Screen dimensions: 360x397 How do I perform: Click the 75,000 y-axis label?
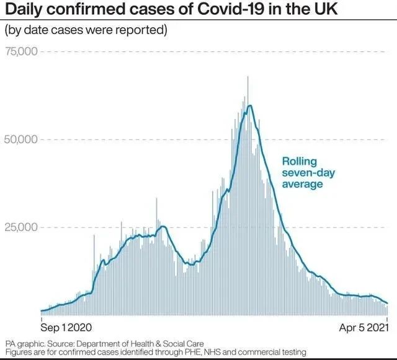(21, 51)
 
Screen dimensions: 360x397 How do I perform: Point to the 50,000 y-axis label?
(21, 139)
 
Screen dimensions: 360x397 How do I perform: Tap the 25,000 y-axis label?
(21, 227)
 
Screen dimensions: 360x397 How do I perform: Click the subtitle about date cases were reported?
(86, 30)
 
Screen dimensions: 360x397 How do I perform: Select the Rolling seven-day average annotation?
(303, 172)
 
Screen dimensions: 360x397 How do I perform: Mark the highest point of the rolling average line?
(249, 105)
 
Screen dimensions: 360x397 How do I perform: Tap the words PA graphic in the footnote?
(25, 343)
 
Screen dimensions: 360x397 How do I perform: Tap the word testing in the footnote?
(292, 352)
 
